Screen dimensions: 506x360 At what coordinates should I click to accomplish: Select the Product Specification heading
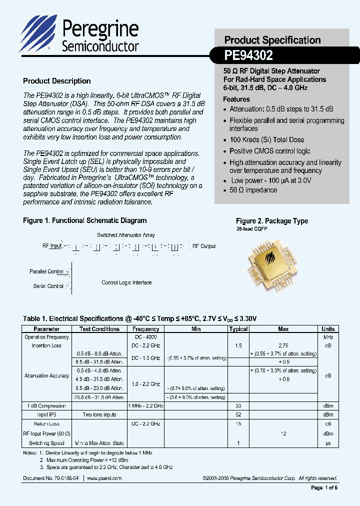[272, 40]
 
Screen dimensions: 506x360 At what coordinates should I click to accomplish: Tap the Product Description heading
[57, 81]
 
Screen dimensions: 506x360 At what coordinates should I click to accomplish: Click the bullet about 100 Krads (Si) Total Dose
[266, 140]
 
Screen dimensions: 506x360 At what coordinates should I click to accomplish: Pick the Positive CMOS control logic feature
[269, 151]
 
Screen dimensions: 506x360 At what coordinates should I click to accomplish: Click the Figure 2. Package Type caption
[272, 221]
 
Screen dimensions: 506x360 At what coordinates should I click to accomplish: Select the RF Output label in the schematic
[204, 246]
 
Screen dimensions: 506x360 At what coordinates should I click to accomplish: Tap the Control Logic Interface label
[126, 282]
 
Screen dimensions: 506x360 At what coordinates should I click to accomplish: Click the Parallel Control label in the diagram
[46, 271]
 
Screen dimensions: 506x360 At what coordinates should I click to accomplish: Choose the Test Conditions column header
[99, 329]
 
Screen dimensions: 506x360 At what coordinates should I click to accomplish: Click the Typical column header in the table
[238, 329]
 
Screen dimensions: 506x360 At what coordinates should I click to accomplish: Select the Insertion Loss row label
[46, 345]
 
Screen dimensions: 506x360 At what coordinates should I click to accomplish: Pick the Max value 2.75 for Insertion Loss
[283, 345]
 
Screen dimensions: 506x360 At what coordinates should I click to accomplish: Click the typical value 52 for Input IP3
[238, 414]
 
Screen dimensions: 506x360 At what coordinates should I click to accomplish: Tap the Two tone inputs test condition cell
[99, 414]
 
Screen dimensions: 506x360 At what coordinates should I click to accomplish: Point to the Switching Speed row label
[46, 443]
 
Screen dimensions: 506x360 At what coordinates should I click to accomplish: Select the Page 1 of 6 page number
[324, 488]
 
